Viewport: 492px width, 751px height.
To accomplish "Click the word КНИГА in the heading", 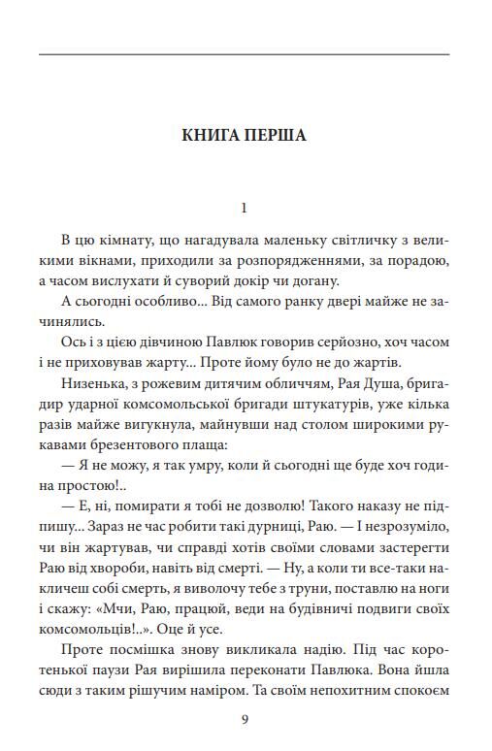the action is pyautogui.click(x=211, y=135).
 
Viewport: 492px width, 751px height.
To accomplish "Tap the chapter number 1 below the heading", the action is pyautogui.click(x=245, y=208).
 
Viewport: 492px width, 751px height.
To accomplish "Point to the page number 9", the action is pyautogui.click(x=245, y=719).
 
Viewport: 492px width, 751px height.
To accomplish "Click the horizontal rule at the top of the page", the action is pyautogui.click(x=245, y=54).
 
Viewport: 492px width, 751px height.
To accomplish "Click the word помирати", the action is pyautogui.click(x=139, y=525).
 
